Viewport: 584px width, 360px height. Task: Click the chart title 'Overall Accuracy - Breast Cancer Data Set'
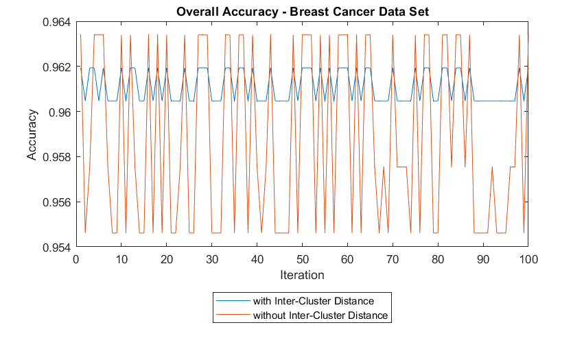click(x=302, y=11)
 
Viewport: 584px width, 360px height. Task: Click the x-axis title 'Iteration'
click(x=302, y=275)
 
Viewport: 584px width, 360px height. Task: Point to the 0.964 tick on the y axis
click(x=56, y=23)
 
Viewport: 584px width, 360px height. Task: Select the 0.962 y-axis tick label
click(x=56, y=68)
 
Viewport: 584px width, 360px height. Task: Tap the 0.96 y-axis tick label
click(x=59, y=112)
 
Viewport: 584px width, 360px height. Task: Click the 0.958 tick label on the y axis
click(x=56, y=158)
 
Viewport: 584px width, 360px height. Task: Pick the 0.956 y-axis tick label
click(x=56, y=202)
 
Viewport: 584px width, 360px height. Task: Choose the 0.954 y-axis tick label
click(x=56, y=247)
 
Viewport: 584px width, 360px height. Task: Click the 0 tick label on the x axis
click(x=76, y=259)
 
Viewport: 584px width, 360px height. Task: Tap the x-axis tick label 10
click(x=121, y=259)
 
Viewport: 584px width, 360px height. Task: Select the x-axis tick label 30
click(x=212, y=259)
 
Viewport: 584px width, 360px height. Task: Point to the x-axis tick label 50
click(x=302, y=259)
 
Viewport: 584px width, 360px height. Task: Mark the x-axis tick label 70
click(x=393, y=259)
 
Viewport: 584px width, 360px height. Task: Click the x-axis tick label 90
click(x=483, y=259)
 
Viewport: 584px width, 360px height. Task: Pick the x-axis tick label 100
click(x=527, y=259)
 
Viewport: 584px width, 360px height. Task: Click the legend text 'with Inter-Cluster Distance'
click(x=313, y=301)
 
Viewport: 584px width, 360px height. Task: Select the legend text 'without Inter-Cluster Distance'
click(x=320, y=315)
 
